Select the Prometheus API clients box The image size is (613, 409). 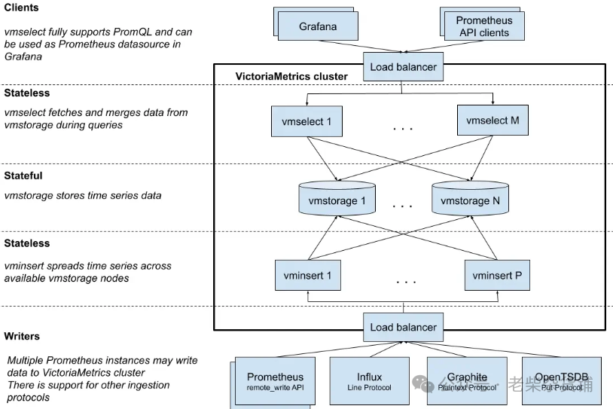tap(483, 27)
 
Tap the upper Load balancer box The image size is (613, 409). tap(403, 67)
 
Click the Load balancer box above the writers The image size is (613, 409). tap(403, 328)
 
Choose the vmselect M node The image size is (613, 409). tap(493, 121)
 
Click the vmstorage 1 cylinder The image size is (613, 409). tap(337, 200)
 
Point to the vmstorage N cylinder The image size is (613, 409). tap(470, 200)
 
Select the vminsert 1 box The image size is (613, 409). tap(307, 276)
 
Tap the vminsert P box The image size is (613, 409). tap(496, 276)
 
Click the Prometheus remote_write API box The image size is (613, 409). tap(275, 380)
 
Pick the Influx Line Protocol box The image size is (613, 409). tap(369, 380)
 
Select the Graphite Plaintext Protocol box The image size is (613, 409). tap(467, 380)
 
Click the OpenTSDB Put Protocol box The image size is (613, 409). tap(561, 380)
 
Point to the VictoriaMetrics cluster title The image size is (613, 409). tap(292, 76)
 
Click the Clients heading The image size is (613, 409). tap(22, 8)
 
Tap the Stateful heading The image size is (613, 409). tap(23, 176)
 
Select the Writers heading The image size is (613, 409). tap(22, 336)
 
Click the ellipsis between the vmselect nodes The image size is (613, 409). tap(403, 129)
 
